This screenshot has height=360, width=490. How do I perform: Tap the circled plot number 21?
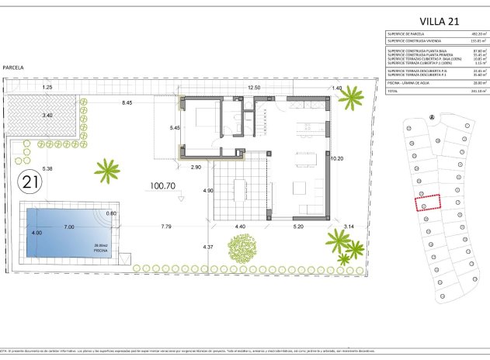click(30, 183)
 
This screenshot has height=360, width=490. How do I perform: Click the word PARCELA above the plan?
click(12, 68)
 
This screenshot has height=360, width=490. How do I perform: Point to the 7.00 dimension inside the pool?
click(68, 227)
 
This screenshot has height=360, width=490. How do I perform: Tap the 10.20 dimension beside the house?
click(336, 158)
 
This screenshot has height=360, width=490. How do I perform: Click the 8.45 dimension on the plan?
click(126, 102)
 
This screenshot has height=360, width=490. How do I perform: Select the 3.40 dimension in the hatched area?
click(47, 116)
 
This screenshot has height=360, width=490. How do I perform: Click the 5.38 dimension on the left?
click(47, 168)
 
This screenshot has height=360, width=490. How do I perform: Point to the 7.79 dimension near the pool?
click(166, 227)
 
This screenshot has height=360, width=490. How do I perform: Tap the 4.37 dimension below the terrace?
click(207, 247)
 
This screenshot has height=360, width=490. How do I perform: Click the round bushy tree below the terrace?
click(242, 248)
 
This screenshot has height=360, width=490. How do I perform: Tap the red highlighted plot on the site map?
click(426, 202)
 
